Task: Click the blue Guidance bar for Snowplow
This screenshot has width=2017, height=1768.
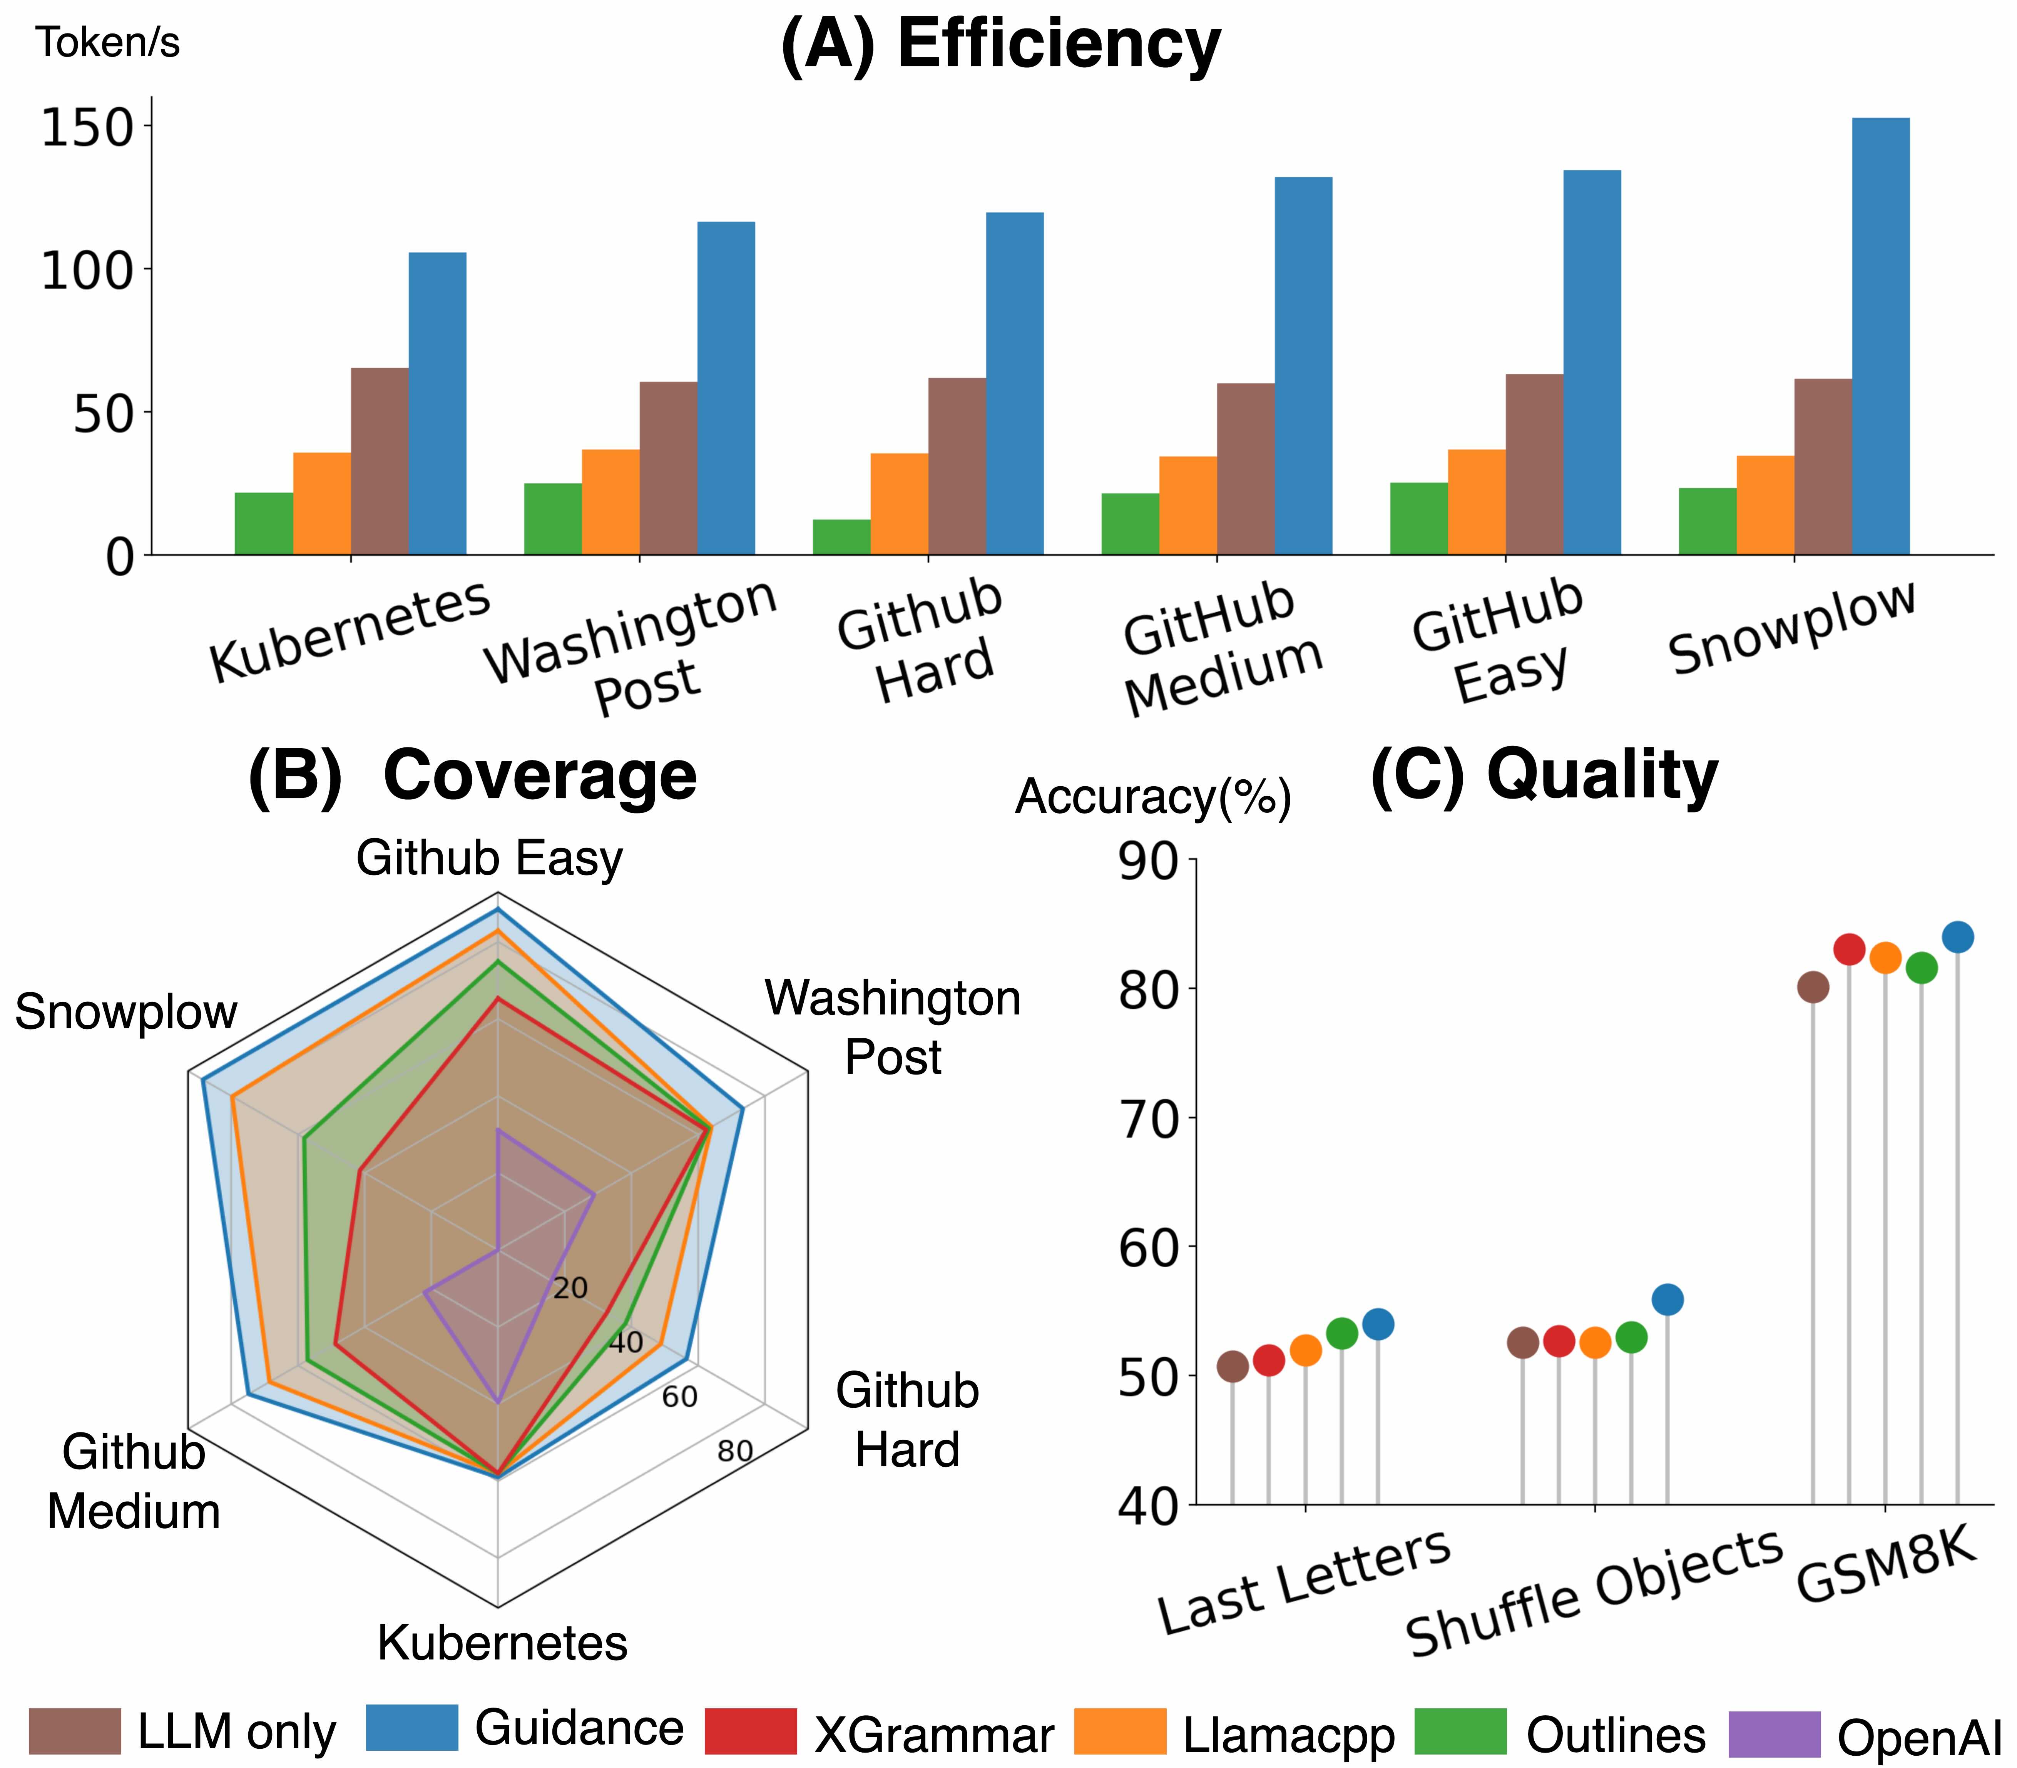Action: coord(1880,336)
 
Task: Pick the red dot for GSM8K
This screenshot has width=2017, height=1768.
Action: coord(1848,949)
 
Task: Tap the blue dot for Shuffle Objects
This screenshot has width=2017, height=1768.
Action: coord(1667,1299)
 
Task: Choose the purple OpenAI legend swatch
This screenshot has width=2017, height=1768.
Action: coord(1774,1733)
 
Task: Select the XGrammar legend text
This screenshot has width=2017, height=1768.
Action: coord(933,1735)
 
